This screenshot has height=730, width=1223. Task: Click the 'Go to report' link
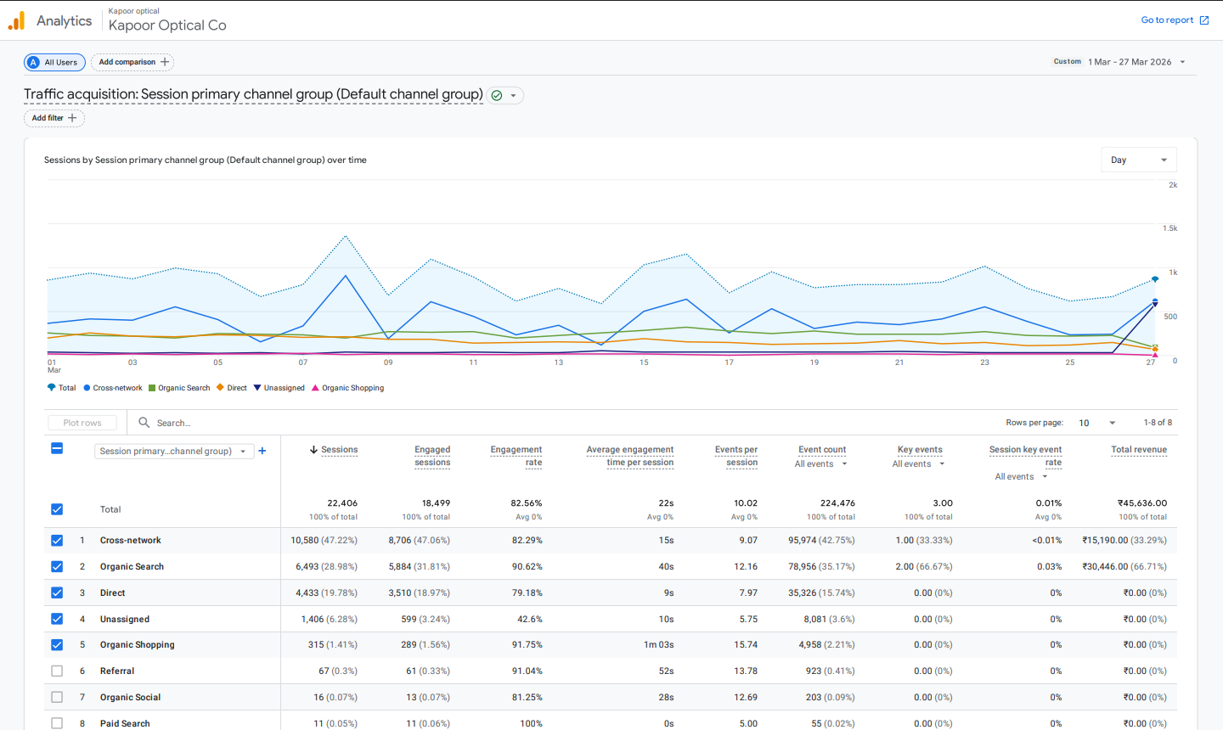point(1174,20)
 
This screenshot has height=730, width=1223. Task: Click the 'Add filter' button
point(54,118)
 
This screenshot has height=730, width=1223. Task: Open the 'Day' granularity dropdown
point(1138,160)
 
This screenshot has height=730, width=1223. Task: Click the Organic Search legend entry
point(179,388)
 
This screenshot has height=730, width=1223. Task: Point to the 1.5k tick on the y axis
point(1169,228)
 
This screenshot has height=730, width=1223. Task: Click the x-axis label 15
point(644,362)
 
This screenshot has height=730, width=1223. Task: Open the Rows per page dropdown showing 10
point(1096,423)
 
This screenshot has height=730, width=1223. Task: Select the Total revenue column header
point(1138,450)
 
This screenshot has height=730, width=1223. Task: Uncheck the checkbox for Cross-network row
point(57,541)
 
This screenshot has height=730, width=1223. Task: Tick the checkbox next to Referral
point(57,671)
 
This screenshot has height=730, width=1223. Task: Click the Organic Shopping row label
point(137,645)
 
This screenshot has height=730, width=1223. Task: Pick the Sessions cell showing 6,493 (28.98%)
point(326,567)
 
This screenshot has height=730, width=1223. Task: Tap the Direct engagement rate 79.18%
point(527,593)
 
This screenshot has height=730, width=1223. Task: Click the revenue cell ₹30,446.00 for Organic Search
point(1124,567)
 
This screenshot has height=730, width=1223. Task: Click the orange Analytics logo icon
point(16,21)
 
